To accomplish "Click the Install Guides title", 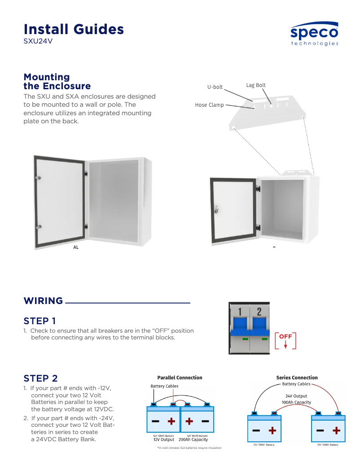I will click(x=74, y=29).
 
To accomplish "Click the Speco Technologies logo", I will click(x=314, y=35).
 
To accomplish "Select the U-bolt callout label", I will click(x=215, y=87).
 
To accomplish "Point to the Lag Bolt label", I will click(x=256, y=85).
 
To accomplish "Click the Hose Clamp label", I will click(x=209, y=105).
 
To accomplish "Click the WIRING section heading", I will click(x=43, y=301).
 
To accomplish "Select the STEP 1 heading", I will click(x=40, y=321).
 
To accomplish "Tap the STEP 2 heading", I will click(x=40, y=378).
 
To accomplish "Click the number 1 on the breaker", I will click(x=240, y=312).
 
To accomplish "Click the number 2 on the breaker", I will click(x=259, y=312).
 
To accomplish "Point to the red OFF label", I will click(x=285, y=336).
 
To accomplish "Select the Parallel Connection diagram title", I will click(x=180, y=378).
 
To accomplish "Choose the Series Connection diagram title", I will click(x=297, y=378).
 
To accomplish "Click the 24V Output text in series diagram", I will click(x=296, y=396).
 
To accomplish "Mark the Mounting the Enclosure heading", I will click(x=57, y=82).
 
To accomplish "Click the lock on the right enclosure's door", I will click(x=216, y=209).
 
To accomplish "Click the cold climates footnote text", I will click(x=189, y=448).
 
